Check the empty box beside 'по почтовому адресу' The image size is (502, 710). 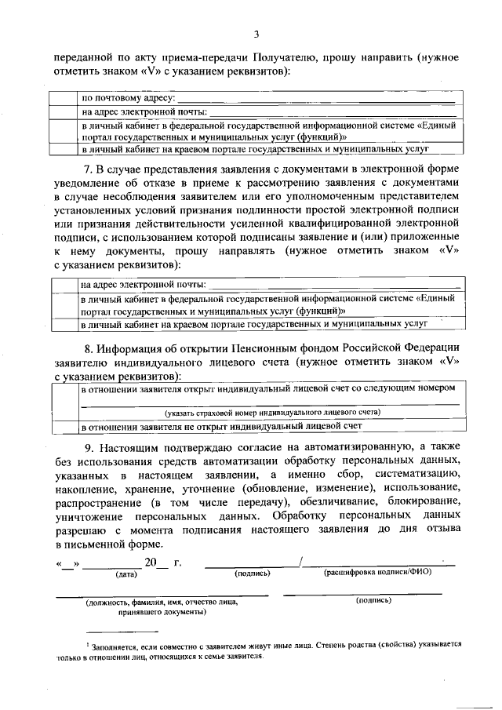[64, 99]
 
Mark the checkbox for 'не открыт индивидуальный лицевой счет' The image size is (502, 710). [64, 426]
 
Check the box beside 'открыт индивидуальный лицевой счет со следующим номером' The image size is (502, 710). [64, 399]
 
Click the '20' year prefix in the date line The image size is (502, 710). [151, 563]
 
